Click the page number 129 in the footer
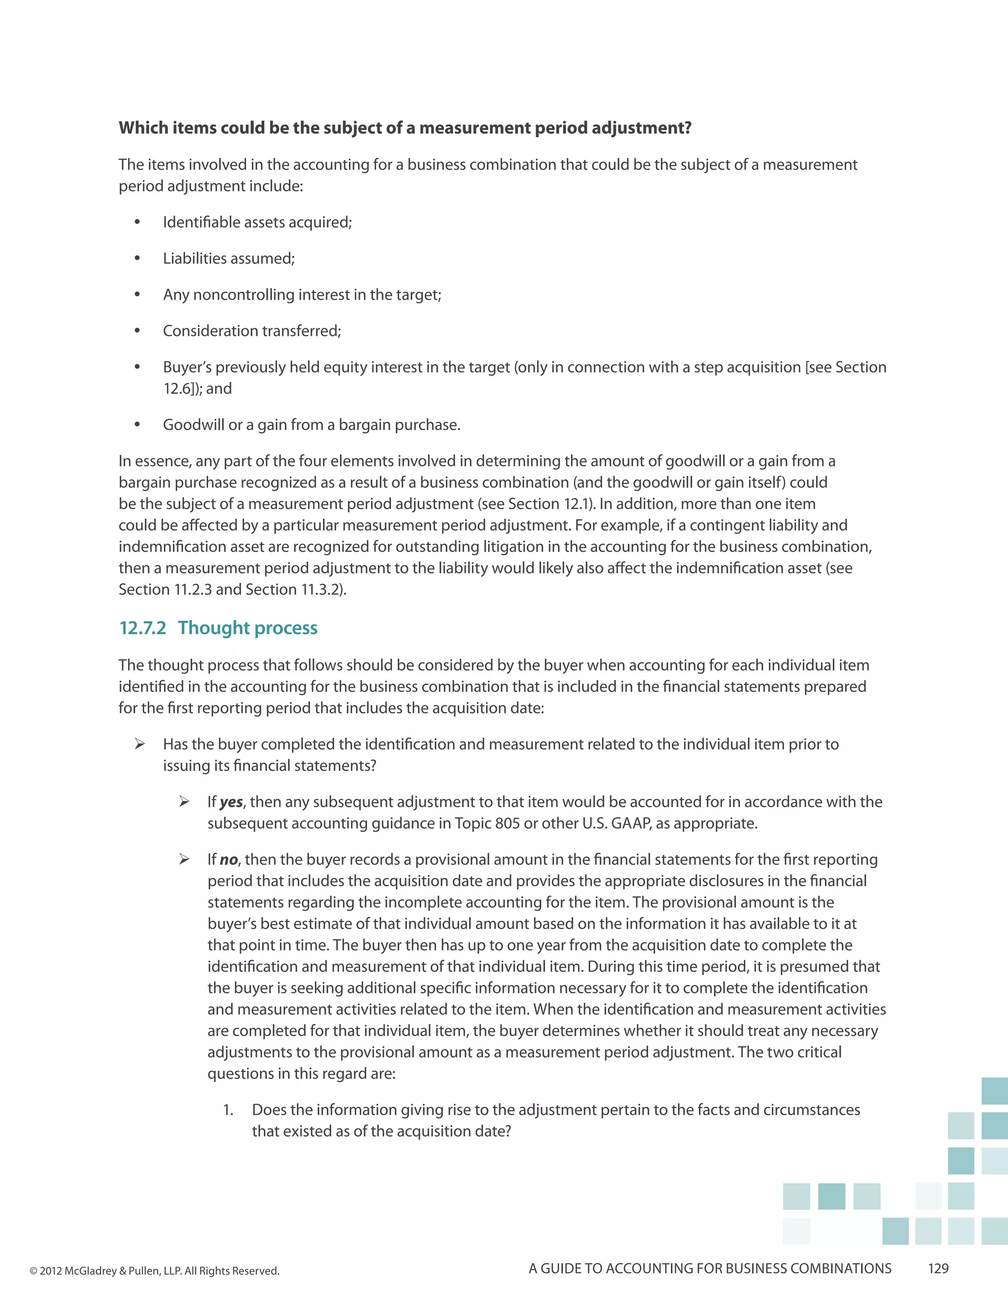pyautogui.click(x=938, y=1268)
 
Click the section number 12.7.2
pyautogui.click(x=143, y=628)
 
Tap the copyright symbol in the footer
pyautogui.click(x=33, y=1271)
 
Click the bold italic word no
pyautogui.click(x=228, y=860)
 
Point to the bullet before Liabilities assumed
pyautogui.click(x=137, y=258)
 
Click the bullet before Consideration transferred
pyautogui.click(x=137, y=331)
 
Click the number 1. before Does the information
pyautogui.click(x=228, y=1110)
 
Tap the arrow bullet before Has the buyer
pyautogui.click(x=140, y=744)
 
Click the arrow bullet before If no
pyautogui.click(x=185, y=859)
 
